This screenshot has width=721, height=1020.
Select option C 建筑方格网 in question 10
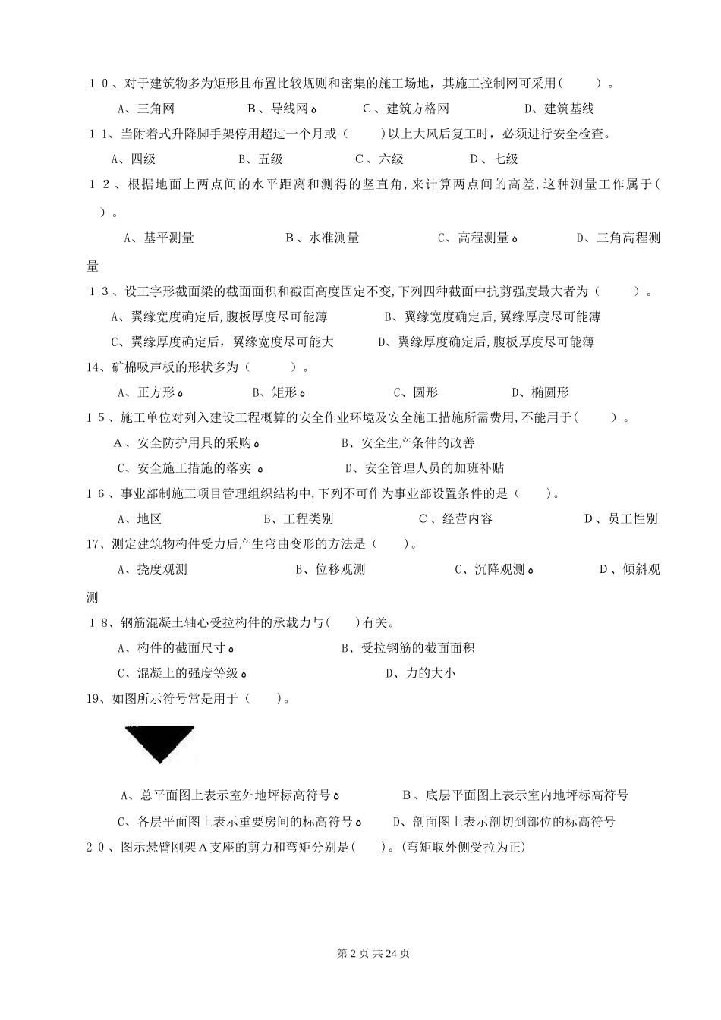[x=406, y=109]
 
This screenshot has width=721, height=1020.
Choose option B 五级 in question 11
[x=260, y=159]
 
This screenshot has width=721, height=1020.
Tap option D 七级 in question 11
[x=493, y=159]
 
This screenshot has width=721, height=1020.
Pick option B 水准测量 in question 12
[x=323, y=238]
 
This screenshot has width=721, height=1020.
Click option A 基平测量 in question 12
[x=159, y=238]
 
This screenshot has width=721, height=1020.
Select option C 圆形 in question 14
[x=415, y=392]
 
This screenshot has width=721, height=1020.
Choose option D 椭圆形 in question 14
[x=540, y=392]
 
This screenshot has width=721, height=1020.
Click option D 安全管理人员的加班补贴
[x=424, y=468]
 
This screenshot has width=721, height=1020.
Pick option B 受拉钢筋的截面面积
[x=408, y=648]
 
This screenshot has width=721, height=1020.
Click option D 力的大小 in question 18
[x=420, y=673]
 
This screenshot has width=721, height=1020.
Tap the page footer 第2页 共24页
[x=373, y=953]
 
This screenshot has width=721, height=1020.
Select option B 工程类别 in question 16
[x=298, y=519]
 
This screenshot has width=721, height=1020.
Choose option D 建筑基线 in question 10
[x=559, y=109]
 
